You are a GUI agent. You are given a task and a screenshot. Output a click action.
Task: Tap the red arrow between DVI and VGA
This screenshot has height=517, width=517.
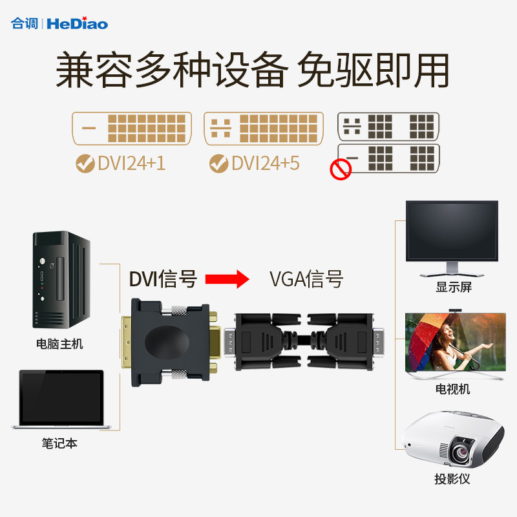coord(227,279)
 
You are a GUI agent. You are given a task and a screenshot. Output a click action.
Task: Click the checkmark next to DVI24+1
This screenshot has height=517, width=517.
coord(84,163)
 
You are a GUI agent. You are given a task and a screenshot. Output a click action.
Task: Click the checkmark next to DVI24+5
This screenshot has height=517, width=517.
coord(218,163)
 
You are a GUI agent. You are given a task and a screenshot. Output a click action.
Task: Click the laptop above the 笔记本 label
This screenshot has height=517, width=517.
coord(61,399)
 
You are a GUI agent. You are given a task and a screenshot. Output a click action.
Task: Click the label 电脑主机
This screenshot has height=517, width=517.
coord(59,344)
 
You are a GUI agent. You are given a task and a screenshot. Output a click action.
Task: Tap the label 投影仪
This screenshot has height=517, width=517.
coord(452,479)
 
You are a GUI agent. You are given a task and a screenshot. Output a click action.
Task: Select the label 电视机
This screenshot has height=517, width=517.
coord(452,389)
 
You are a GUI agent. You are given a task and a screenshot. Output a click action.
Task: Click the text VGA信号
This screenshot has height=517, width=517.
coord(306,279)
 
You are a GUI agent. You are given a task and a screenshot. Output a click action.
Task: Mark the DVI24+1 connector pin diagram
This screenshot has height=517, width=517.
coord(132,129)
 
